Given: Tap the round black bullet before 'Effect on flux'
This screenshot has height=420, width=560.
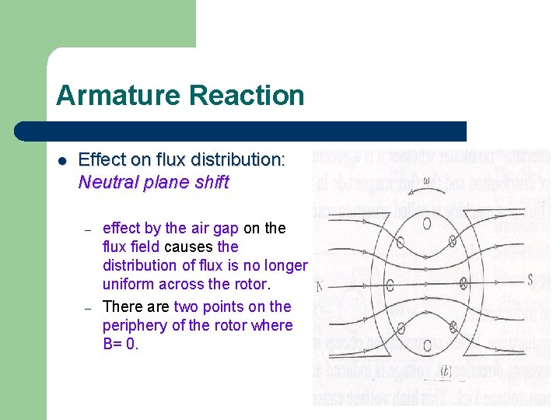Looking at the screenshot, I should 62,161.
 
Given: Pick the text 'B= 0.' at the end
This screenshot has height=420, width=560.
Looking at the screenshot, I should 121,344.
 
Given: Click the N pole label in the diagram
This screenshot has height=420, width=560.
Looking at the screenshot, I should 319,287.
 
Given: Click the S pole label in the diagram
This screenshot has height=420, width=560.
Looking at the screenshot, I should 530,279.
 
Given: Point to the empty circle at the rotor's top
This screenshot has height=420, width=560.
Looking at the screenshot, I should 427,225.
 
